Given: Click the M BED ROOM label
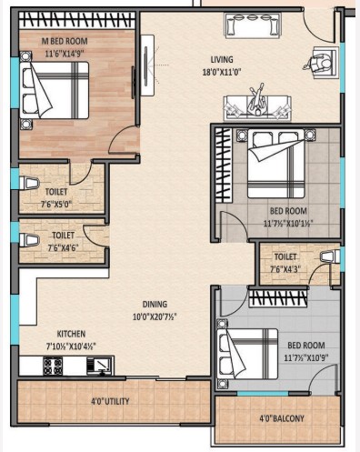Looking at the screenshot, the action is click(65, 41).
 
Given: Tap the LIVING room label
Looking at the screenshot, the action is click(222, 59).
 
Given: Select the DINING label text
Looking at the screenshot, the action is click(155, 304).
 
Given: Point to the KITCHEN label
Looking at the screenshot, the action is click(71, 334).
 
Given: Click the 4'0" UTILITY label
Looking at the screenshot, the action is click(110, 401).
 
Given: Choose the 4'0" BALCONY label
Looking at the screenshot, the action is click(282, 418).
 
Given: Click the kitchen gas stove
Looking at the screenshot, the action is click(53, 366).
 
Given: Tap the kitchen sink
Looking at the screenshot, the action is click(100, 366).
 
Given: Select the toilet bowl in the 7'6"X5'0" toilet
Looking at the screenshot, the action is click(29, 183).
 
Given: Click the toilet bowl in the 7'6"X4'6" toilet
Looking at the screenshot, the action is click(29, 240).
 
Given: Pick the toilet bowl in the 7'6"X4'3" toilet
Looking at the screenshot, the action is click(330, 256).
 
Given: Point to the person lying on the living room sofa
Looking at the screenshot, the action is click(257, 101).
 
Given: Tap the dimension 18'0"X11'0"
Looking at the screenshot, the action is click(222, 72).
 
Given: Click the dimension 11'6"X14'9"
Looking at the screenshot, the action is click(65, 54).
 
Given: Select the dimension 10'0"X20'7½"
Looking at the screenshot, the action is click(155, 316).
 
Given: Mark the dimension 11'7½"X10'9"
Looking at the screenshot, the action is click(306, 358).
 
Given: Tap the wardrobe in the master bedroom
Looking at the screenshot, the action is click(76, 20).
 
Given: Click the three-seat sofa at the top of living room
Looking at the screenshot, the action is click(253, 25).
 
